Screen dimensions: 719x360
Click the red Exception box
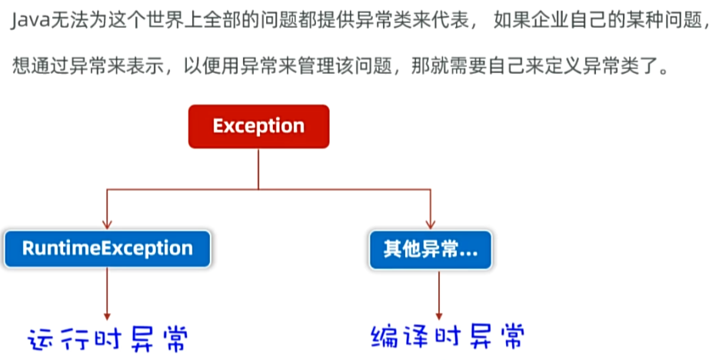tap(258, 126)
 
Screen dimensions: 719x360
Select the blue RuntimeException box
tap(107, 248)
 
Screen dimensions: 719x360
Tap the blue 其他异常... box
tap(430, 249)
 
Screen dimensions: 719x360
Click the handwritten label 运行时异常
tap(108, 338)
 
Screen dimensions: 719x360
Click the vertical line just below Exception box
tap(258, 168)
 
